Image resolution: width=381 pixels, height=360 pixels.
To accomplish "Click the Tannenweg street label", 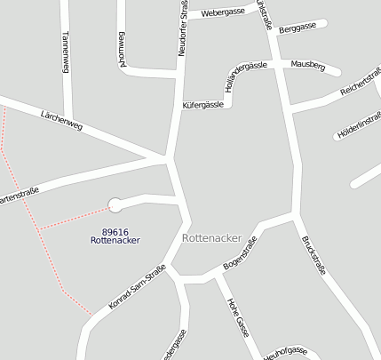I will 65,51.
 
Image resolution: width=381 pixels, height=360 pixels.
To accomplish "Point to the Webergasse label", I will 223,13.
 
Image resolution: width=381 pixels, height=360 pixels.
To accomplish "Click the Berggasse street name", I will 297,28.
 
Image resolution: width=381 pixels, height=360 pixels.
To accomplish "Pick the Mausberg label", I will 308,66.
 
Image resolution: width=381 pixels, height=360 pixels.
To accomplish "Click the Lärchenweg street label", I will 61,120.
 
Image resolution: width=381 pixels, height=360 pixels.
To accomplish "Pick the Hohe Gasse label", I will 237,317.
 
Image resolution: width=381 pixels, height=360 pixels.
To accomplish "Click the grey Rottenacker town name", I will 211,238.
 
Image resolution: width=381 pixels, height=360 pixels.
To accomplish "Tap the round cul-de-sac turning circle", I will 115,205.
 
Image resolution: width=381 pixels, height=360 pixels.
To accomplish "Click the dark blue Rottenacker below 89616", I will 115,240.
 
